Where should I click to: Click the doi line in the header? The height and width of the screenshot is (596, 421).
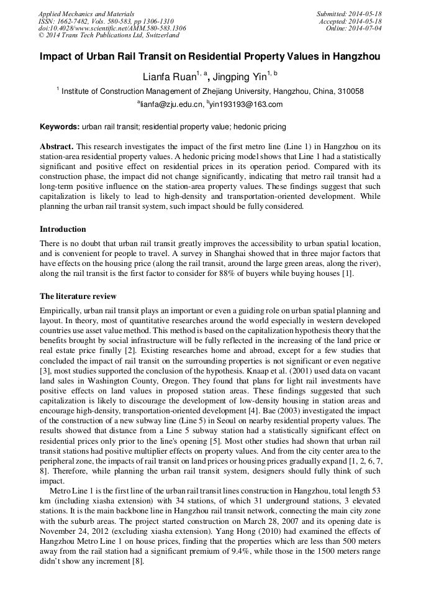pyautogui.click(x=112, y=28)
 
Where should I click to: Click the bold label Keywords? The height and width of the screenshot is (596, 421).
pyautogui.click(x=60, y=127)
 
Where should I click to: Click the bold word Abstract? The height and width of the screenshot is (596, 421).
pyautogui.click(x=57, y=146)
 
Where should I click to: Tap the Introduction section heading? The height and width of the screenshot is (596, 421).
pyautogui.click(x=63, y=229)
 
